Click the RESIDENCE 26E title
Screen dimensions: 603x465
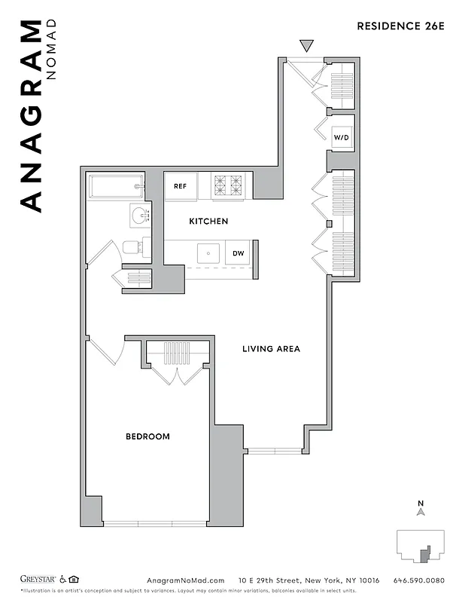[400, 26]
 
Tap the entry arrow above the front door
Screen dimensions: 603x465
[305, 46]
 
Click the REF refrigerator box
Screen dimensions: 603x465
[181, 186]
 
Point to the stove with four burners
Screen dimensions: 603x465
[228, 185]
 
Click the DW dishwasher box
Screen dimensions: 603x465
[238, 253]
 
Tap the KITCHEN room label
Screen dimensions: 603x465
[208, 222]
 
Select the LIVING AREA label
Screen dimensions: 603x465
[271, 349]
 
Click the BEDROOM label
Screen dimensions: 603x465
[147, 436]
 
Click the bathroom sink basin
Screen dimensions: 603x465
[139, 216]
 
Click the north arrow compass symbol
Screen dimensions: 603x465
[421, 510]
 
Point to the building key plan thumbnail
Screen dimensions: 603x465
[421, 544]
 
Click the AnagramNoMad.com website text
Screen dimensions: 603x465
[185, 580]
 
